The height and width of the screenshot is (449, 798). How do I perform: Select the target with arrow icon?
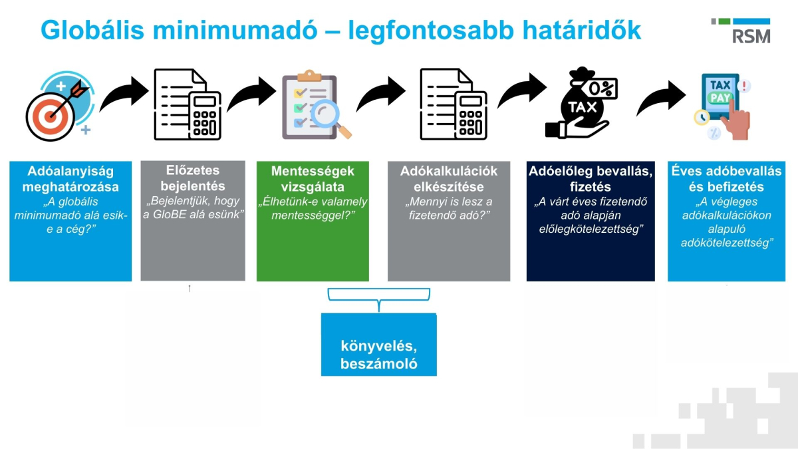(x=57, y=104)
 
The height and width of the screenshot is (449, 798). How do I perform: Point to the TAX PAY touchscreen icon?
(x=723, y=106)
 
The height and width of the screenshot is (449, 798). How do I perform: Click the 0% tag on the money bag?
(x=602, y=87)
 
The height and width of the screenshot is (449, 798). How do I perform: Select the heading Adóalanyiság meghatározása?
(x=70, y=179)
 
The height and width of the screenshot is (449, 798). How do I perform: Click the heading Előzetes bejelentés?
(x=193, y=178)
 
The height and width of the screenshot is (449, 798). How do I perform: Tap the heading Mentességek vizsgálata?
(x=313, y=179)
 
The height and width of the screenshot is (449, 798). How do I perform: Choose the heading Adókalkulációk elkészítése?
(x=449, y=179)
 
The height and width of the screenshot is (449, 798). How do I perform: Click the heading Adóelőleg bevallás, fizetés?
(x=591, y=179)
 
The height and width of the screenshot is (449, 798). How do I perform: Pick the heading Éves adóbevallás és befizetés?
(x=727, y=179)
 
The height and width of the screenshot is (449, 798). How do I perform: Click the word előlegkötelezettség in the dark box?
(x=591, y=229)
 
